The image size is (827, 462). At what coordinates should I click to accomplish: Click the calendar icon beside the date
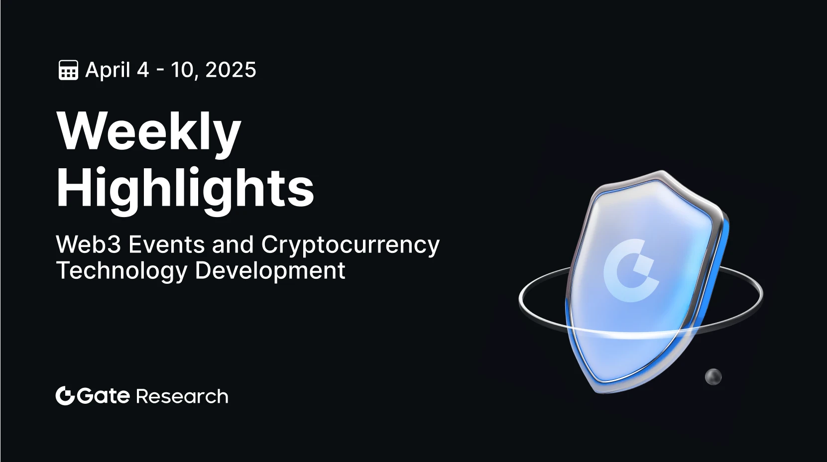[x=68, y=70]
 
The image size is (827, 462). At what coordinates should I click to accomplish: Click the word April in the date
[x=108, y=70]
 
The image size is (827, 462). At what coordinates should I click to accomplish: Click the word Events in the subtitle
[x=167, y=244]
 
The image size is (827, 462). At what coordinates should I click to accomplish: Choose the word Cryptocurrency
[x=350, y=245]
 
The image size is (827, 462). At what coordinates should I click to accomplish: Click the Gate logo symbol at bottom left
[x=65, y=396]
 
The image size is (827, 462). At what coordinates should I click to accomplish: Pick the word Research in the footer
[x=182, y=396]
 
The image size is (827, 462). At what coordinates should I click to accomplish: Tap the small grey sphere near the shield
[x=713, y=377]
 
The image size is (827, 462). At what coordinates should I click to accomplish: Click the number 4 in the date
[x=143, y=70]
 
